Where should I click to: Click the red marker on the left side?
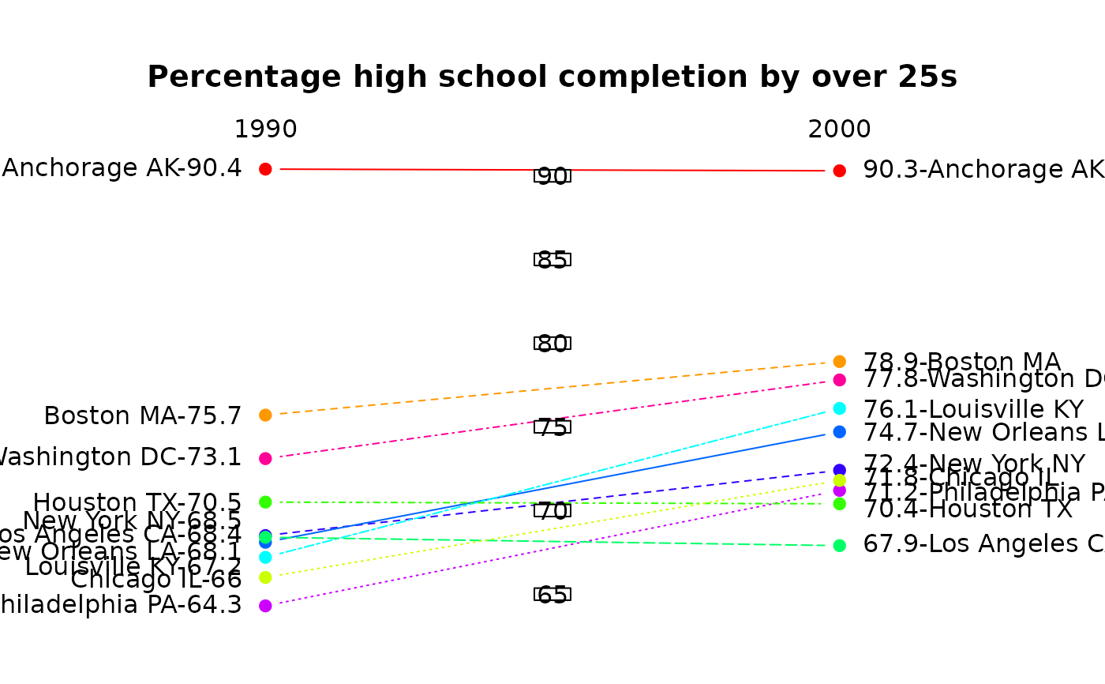[x=265, y=169]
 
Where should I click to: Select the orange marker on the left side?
[x=265, y=415]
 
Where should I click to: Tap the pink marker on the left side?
[x=265, y=458]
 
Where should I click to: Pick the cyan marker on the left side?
[x=265, y=557]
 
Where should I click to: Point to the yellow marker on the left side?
[x=265, y=577]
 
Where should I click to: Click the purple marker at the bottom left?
[x=265, y=606]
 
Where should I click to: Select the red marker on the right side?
[x=839, y=171]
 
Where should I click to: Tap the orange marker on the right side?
[x=839, y=362]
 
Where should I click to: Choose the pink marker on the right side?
[x=839, y=380]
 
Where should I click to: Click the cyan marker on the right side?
[x=839, y=408]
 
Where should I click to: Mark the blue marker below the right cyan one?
[x=839, y=432]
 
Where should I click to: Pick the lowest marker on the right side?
[x=839, y=546]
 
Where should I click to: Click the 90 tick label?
[x=552, y=175]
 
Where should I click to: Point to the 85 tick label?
[x=552, y=259]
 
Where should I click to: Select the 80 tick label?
[x=552, y=343]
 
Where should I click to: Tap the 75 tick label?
[x=552, y=427]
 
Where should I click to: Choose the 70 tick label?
[x=552, y=510]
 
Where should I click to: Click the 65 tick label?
[x=552, y=594]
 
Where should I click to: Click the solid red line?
[x=395, y=169]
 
